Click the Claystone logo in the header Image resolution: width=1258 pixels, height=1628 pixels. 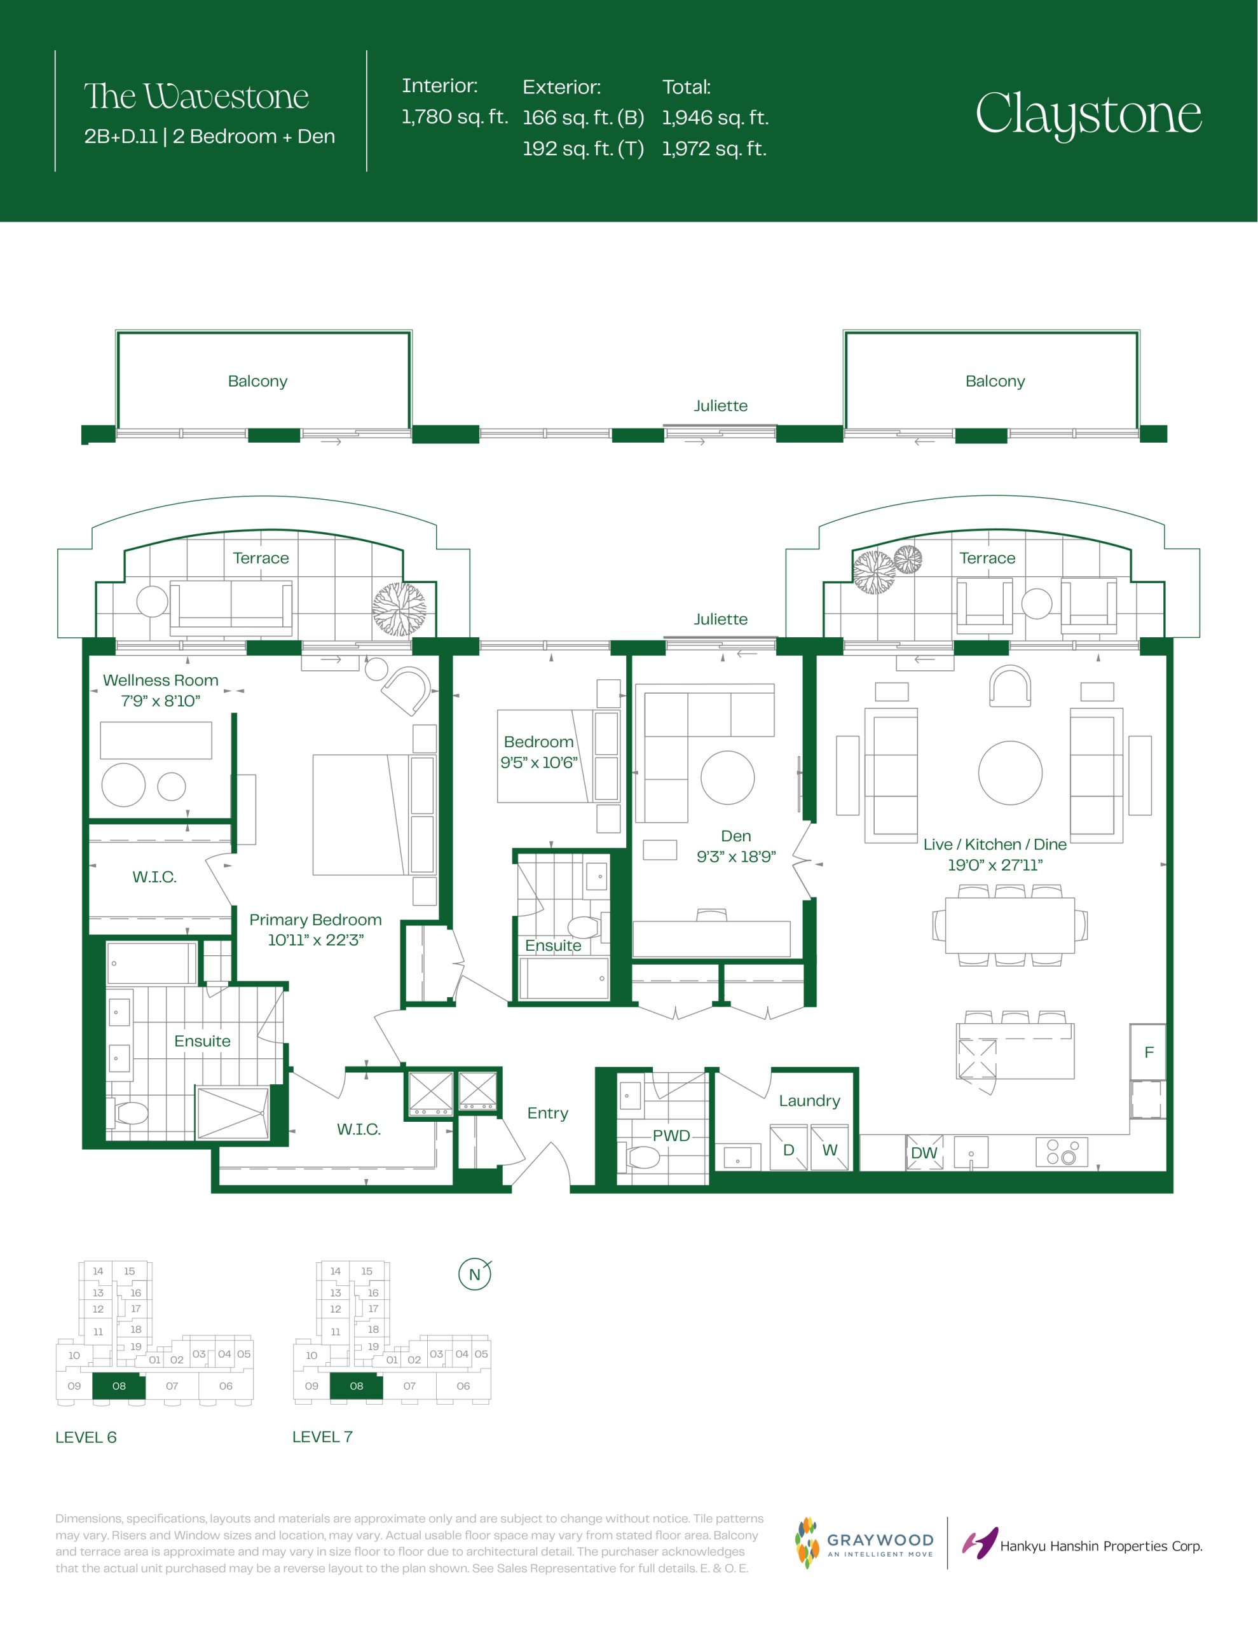[x=1088, y=115]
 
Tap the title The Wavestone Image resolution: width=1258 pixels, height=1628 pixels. [x=196, y=96]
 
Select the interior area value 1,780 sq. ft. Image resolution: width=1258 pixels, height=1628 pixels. [x=455, y=116]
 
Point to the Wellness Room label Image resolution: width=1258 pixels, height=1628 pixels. [x=160, y=680]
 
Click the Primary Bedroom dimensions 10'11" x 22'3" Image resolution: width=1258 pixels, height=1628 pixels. [x=315, y=940]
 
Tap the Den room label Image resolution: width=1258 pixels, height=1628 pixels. [x=735, y=836]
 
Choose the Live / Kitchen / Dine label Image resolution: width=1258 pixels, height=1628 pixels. [x=995, y=844]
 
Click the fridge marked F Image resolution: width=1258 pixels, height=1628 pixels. [x=1147, y=1052]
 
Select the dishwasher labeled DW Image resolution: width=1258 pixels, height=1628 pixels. [x=924, y=1152]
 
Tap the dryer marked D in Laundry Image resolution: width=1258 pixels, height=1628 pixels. [x=788, y=1149]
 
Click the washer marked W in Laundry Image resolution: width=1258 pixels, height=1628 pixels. [x=830, y=1149]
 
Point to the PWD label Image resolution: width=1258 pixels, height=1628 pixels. [x=671, y=1135]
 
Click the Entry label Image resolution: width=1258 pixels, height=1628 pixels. [x=548, y=1113]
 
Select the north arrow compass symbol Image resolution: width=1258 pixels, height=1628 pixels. [x=475, y=1274]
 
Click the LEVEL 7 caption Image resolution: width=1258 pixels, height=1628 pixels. [x=322, y=1437]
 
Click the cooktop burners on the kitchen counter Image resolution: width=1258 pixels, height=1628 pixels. [x=1061, y=1152]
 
